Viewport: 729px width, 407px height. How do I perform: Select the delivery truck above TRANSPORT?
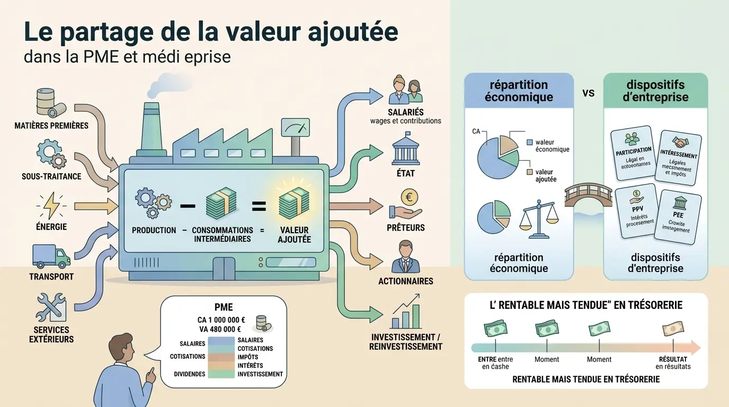51,256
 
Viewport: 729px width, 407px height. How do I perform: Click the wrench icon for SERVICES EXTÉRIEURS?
51,307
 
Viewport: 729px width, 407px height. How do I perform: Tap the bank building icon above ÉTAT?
405,152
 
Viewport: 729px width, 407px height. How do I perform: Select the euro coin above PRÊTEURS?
409,198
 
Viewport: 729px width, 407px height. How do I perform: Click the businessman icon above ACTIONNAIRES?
405,257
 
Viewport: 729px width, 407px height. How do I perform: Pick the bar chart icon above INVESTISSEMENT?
406,315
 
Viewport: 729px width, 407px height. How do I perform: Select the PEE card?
679,217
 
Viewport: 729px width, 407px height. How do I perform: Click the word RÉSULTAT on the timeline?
673,359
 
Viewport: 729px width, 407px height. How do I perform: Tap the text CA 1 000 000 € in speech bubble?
221,320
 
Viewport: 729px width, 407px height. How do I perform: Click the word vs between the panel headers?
588,93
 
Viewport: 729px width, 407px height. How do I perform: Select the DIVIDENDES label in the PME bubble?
189,374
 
